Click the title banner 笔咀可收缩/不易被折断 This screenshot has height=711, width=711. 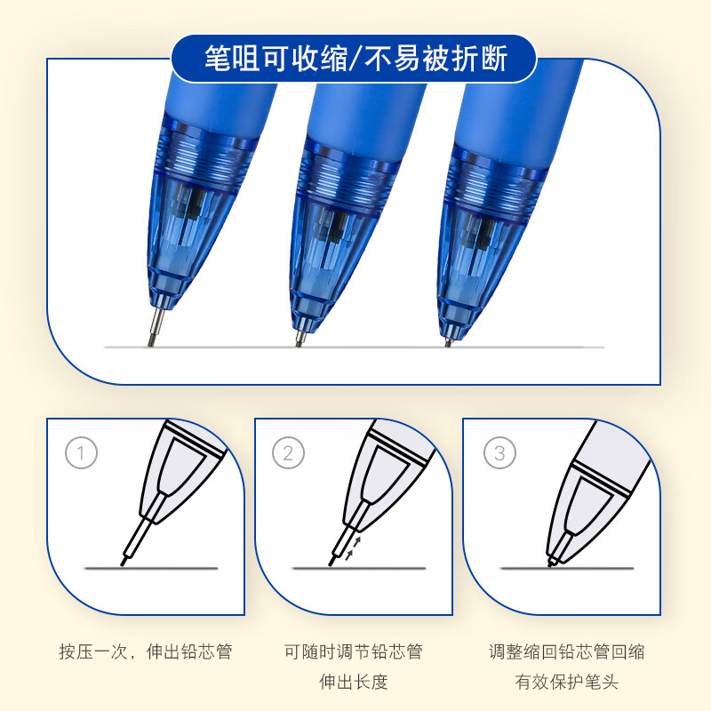pos(355,59)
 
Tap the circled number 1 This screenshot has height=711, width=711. pos(81,455)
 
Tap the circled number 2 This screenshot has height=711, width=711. pos(288,455)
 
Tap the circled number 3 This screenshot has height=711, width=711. pos(499,455)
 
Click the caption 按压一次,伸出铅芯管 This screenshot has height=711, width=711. pos(145,651)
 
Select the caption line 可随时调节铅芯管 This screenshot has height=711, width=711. pos(353,651)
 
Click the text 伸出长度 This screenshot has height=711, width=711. pos(353,683)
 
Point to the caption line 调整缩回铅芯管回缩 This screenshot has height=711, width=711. pos(566,651)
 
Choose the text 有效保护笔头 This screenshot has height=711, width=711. pos(566,683)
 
